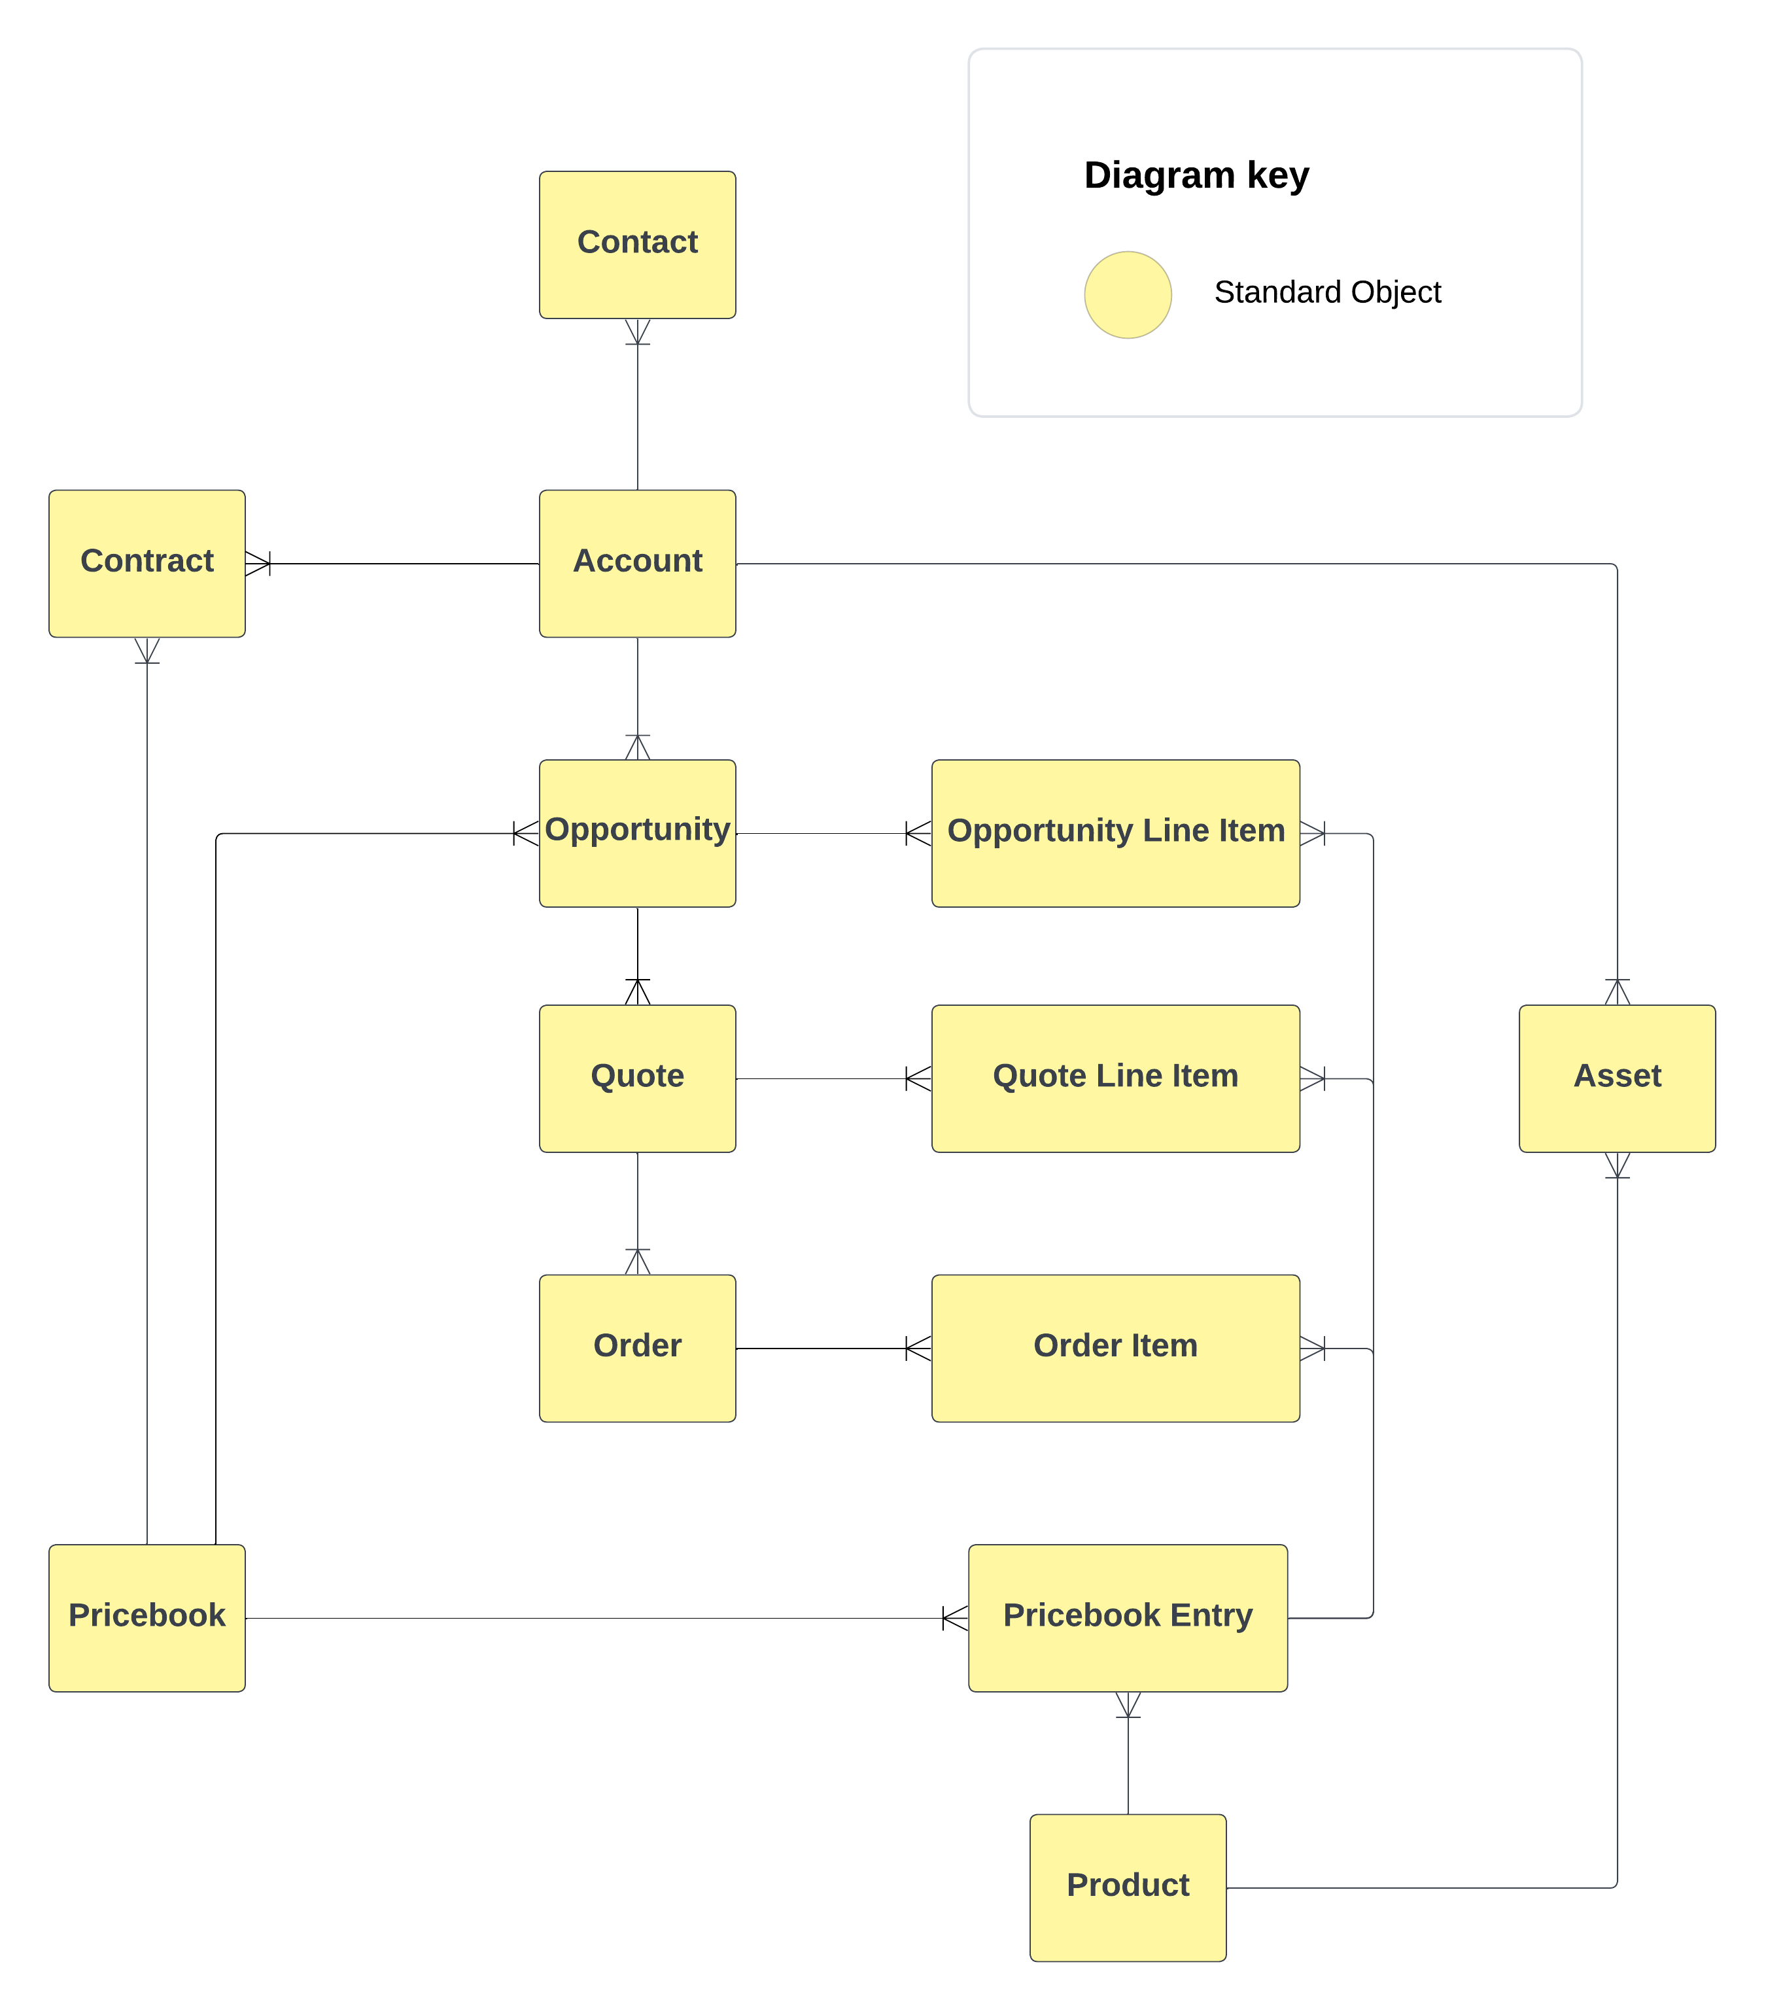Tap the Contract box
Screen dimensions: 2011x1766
(147, 563)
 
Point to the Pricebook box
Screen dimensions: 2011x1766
(147, 1617)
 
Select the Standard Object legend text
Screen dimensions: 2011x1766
(1326, 292)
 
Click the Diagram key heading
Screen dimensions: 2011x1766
(1196, 175)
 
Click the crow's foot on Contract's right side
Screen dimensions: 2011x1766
(258, 563)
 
